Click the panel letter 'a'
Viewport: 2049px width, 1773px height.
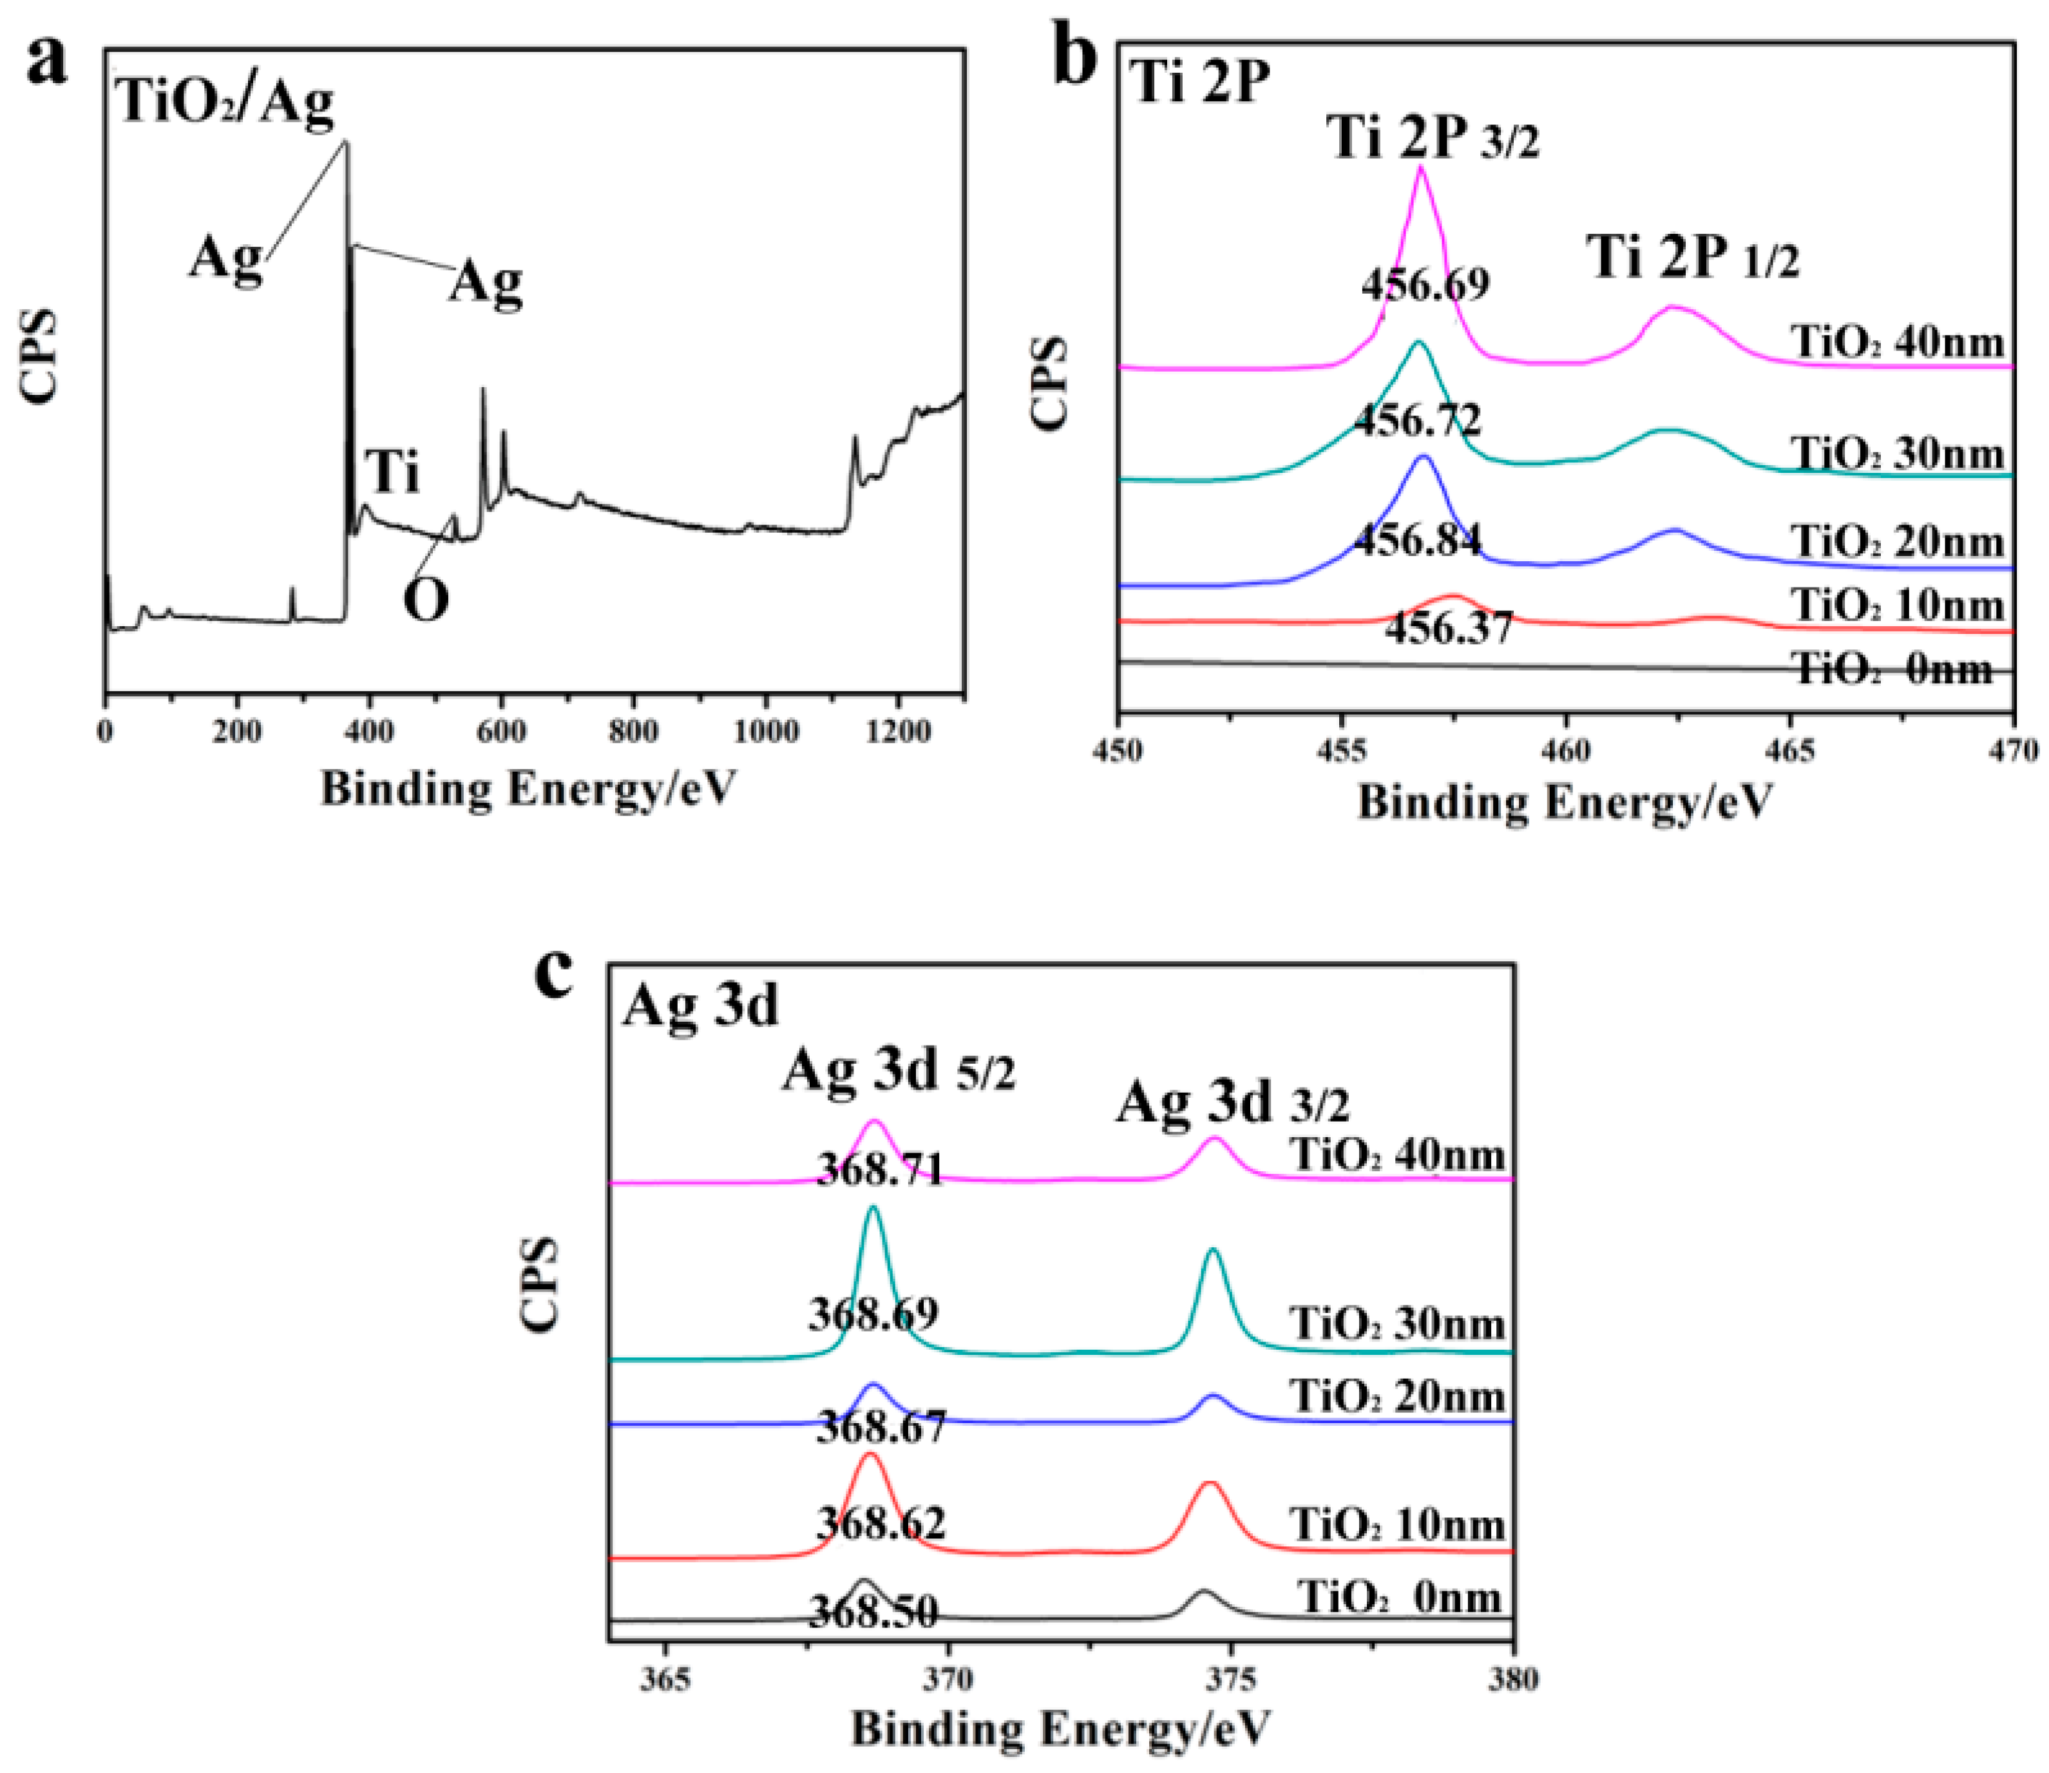[x=48, y=61]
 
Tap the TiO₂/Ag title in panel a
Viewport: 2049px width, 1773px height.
[x=225, y=102]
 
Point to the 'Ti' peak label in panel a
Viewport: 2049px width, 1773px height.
[x=394, y=472]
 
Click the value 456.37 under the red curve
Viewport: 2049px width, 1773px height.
[x=1449, y=628]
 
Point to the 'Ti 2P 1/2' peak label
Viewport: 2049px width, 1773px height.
[x=1694, y=258]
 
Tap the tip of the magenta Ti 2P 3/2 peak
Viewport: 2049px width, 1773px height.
[x=1422, y=168]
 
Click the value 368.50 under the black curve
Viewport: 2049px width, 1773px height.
[x=873, y=1613]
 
